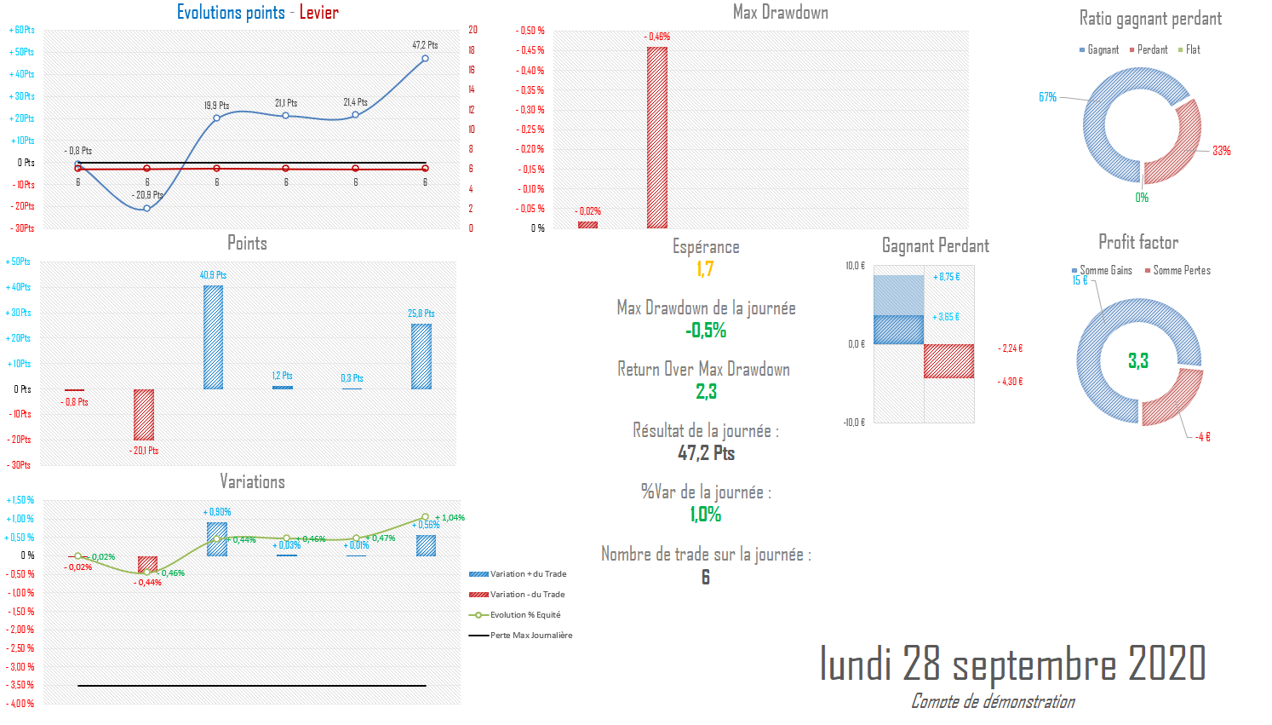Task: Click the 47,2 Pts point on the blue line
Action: coord(425,59)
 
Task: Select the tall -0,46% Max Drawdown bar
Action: coord(657,137)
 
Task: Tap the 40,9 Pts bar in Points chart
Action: coord(213,337)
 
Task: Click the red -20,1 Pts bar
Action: coord(144,414)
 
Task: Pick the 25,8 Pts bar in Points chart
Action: coord(421,356)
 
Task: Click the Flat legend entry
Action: coord(1189,50)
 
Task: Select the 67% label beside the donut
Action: coord(1047,97)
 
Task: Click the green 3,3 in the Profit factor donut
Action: coord(1138,361)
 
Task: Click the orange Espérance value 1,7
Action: coord(705,269)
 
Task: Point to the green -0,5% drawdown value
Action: coord(706,331)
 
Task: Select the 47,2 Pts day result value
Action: coord(706,453)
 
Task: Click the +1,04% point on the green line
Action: coord(425,517)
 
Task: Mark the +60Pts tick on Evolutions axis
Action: coord(22,30)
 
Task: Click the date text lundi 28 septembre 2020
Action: coord(1012,664)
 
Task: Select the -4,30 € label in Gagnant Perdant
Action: coord(1010,382)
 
